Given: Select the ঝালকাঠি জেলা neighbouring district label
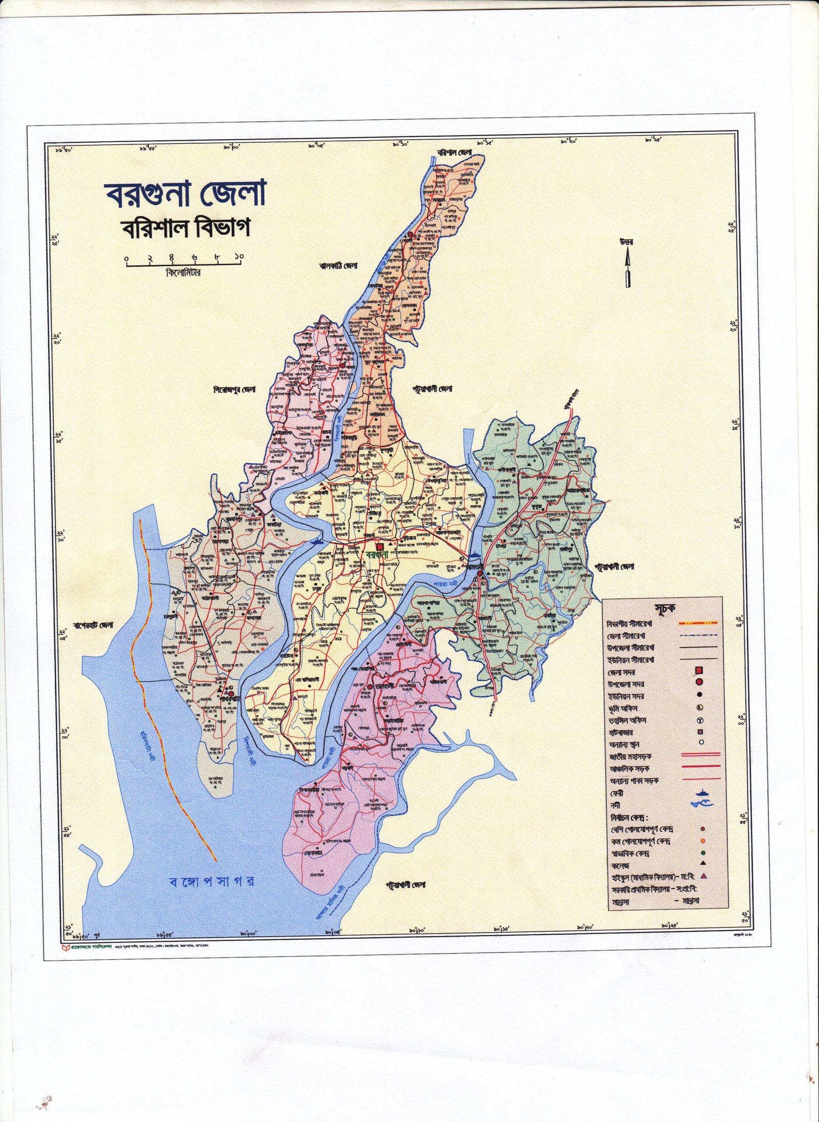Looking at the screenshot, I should coord(337,266).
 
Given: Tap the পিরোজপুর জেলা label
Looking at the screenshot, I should coord(234,390).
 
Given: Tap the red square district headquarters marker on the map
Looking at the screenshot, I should coord(380,547).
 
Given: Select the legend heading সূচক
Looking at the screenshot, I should coord(664,609).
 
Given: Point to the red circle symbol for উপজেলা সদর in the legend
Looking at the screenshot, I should coord(699,683).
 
